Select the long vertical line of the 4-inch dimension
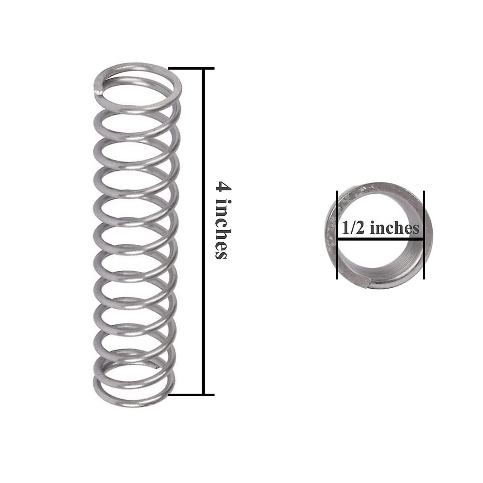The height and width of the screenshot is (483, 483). (204, 231)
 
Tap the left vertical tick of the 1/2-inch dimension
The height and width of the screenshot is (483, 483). (337, 235)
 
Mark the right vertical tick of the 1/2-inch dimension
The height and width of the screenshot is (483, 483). (424, 235)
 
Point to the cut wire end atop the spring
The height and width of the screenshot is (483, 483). (98, 92)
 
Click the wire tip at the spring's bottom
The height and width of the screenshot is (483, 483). (156, 367)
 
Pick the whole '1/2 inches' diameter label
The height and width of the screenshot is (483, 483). (380, 228)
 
